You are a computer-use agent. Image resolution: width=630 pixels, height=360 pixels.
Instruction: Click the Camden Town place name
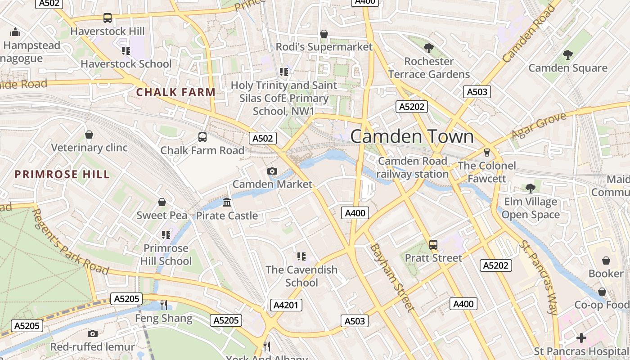412,136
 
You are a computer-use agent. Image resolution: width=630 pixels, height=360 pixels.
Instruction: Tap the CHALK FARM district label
176,93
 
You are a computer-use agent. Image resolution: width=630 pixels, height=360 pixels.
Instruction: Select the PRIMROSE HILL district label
62,175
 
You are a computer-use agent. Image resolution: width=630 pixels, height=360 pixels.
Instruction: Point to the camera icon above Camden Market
272,171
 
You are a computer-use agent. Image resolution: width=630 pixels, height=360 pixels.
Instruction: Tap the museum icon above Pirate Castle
227,202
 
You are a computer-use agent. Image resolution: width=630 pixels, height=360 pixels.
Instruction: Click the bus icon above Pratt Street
433,244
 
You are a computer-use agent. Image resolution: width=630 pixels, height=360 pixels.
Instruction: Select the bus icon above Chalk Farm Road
202,137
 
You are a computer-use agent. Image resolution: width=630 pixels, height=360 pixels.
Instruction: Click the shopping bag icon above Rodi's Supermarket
324,34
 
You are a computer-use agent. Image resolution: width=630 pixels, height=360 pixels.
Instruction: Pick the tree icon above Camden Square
567,55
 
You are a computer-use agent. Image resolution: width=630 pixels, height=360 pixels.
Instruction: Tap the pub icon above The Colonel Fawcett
486,152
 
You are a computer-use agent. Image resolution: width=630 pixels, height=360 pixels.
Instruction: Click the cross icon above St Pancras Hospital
581,337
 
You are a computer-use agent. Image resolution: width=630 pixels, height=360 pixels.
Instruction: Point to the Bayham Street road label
391,278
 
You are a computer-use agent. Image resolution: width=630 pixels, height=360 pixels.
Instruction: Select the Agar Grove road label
538,126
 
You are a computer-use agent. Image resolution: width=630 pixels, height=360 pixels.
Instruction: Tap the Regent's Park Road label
70,242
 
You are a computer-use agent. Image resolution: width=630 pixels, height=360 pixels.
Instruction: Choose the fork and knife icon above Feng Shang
164,305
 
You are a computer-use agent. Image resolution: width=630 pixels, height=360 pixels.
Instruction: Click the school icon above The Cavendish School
301,256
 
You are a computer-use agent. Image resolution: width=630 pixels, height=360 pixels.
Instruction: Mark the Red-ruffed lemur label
92,347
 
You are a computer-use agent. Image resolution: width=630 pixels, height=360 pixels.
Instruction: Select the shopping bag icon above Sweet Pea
162,202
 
